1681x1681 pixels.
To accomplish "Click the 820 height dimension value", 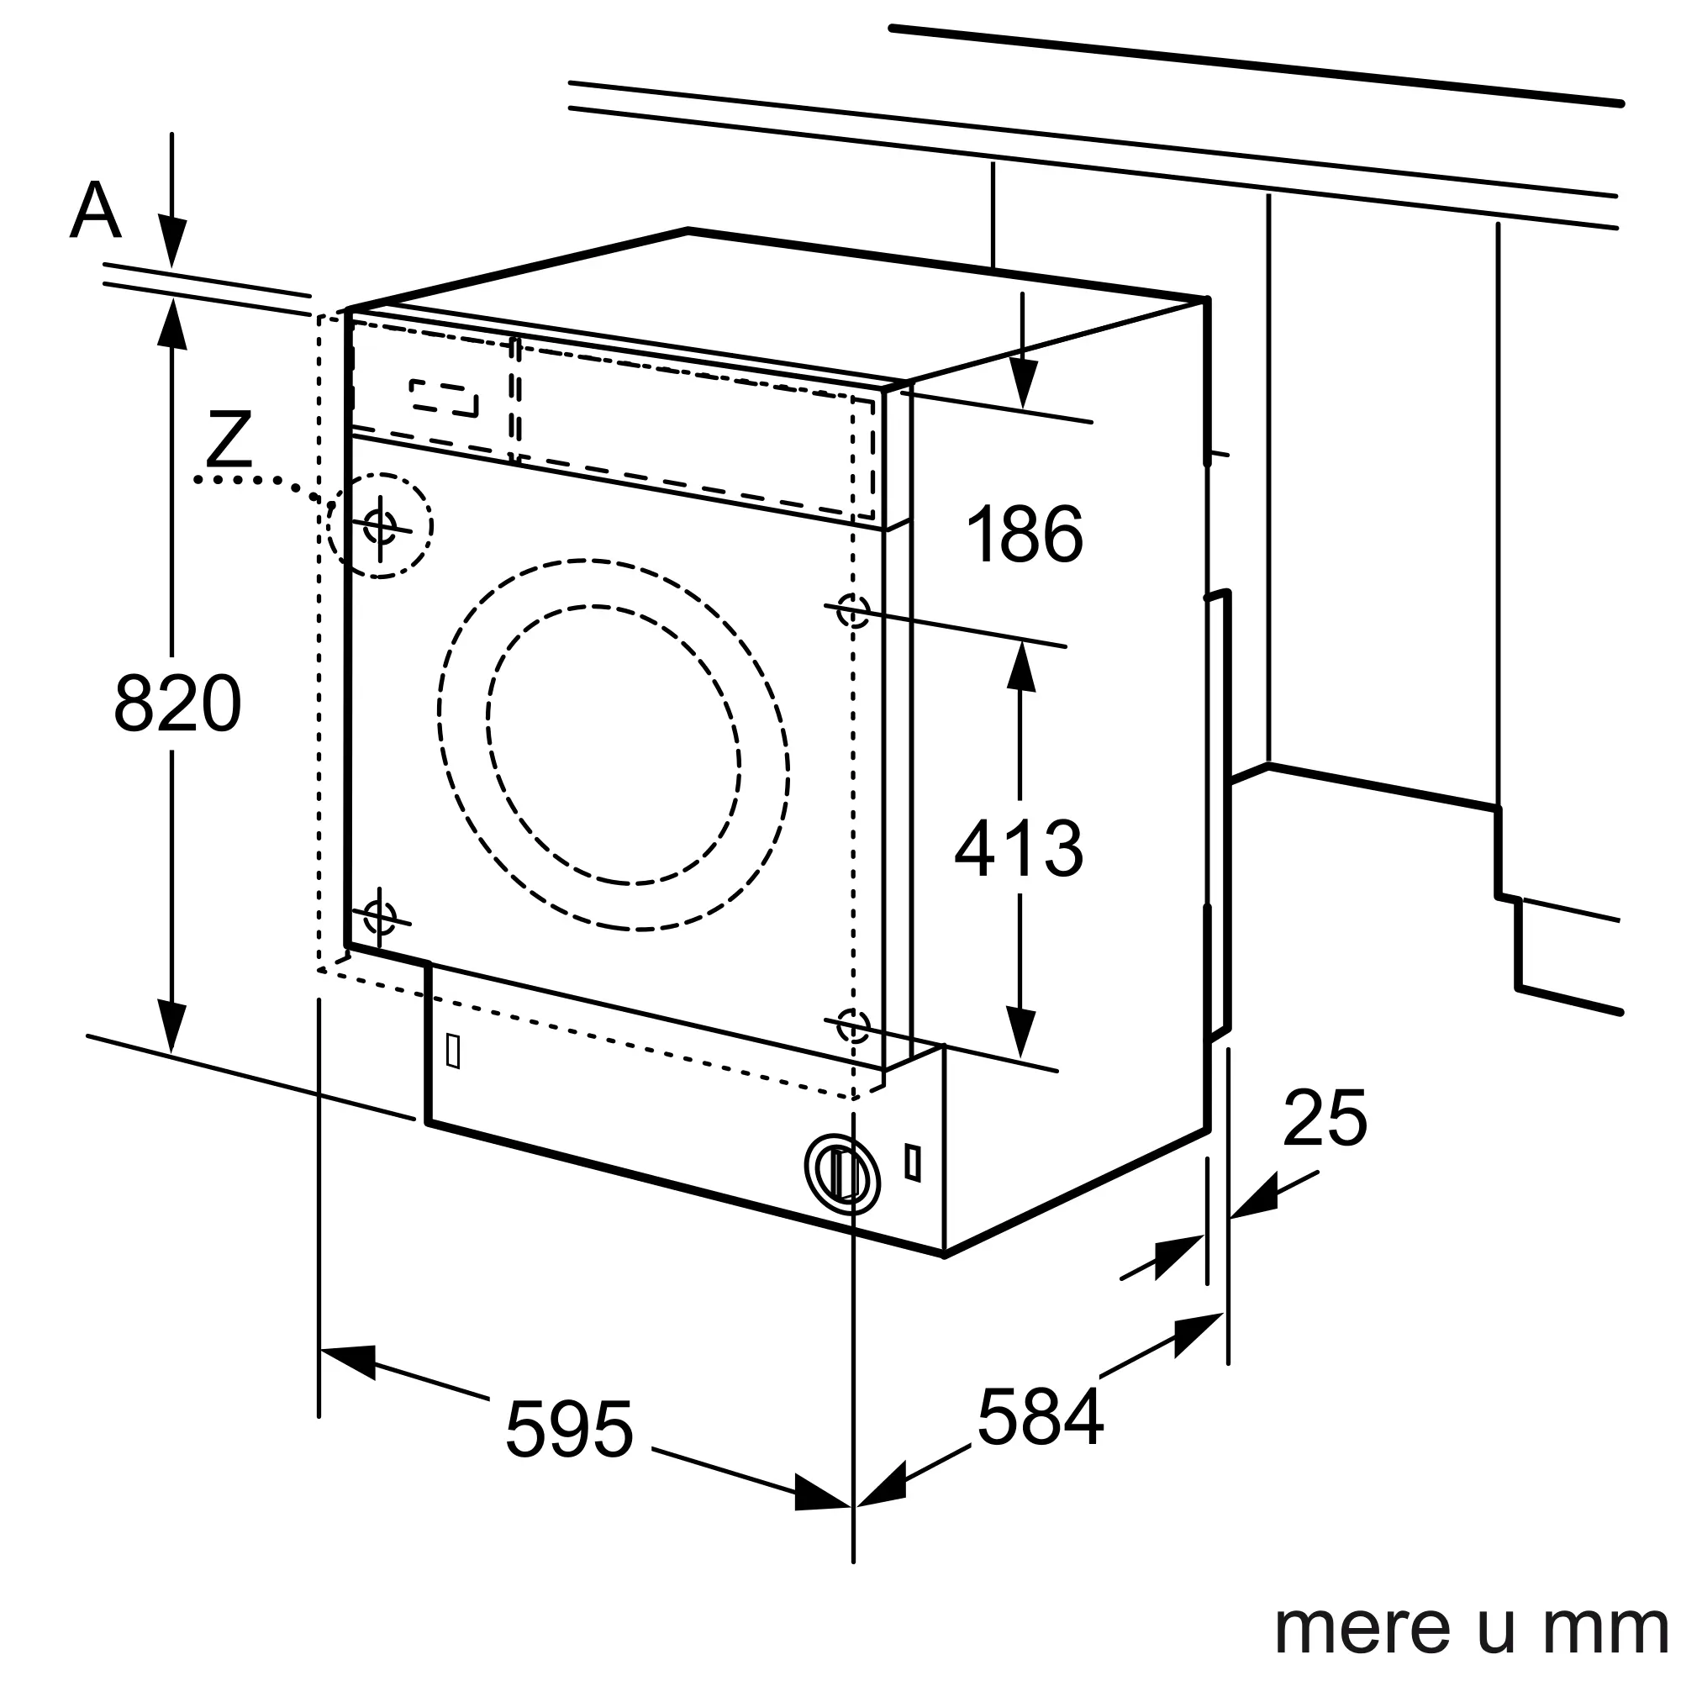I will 177,703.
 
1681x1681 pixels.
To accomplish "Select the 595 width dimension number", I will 569,1429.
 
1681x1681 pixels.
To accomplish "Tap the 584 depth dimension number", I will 1040,1417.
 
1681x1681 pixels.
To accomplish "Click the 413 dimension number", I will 1018,848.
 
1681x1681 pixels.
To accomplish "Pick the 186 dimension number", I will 1024,534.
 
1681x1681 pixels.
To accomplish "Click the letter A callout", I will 95,211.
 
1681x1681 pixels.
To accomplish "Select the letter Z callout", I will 228,440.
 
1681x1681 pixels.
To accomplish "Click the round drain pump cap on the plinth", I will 841,1173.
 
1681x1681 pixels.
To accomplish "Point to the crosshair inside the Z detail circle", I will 380,525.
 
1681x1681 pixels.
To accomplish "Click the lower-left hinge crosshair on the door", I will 379,916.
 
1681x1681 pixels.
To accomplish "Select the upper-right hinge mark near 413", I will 852,610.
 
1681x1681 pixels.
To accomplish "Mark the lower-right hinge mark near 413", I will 852,1025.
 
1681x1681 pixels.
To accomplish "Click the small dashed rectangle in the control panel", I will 444,398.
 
